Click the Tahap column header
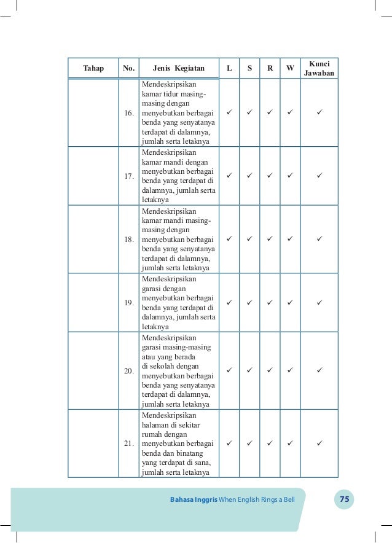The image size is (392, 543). [93, 68]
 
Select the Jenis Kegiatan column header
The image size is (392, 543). [179, 68]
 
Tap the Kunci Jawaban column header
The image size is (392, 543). [319, 68]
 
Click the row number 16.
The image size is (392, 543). [129, 114]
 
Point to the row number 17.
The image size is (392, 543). [129, 176]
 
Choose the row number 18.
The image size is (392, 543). [129, 239]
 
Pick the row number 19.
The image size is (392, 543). [129, 302]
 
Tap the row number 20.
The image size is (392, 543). [129, 371]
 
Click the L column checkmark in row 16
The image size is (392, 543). [229, 113]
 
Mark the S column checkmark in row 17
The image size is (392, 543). [249, 176]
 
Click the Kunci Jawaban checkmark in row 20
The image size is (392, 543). [319, 370]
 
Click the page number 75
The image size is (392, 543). [345, 499]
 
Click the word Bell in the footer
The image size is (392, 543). [289, 499]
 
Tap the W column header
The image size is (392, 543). [290, 68]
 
